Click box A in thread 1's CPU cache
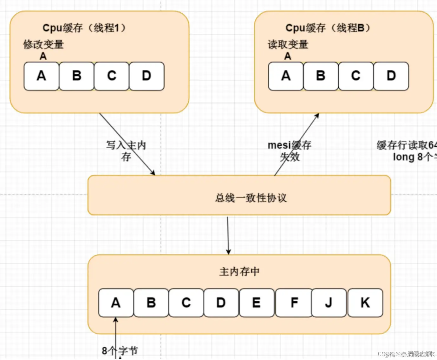tap(41, 76)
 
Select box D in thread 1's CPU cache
tap(147, 76)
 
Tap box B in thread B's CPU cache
tap(321, 76)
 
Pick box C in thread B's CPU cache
tap(356, 76)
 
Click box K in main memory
tap(365, 303)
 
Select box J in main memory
tap(329, 303)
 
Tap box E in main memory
tap(256, 303)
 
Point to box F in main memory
tap(294, 303)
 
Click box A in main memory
tap(116, 303)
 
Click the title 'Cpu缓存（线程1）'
tap(84, 28)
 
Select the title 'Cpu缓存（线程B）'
tap(328, 28)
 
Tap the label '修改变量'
tap(43, 44)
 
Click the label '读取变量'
tap(288, 44)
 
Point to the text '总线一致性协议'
tap(251, 198)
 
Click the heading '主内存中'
tap(239, 272)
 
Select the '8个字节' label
tap(120, 351)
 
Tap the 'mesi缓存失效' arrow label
tap(290, 151)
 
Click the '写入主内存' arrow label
tap(126, 151)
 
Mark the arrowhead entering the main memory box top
tap(228, 252)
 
